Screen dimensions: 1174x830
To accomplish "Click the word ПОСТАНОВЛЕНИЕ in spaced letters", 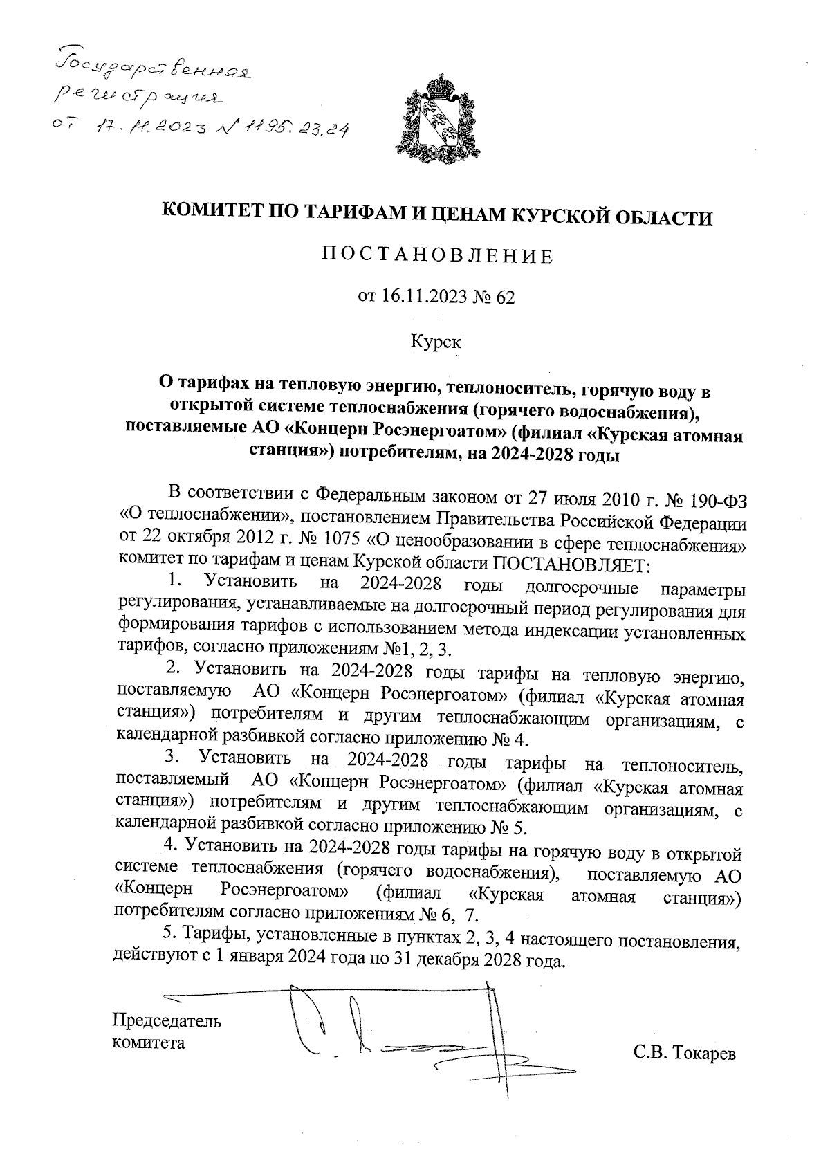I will (x=437, y=257).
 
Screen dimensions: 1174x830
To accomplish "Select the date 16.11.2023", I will (x=419, y=297).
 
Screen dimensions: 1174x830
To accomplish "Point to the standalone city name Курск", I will (x=436, y=342).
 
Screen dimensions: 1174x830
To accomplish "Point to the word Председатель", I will (x=167, y=1022).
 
